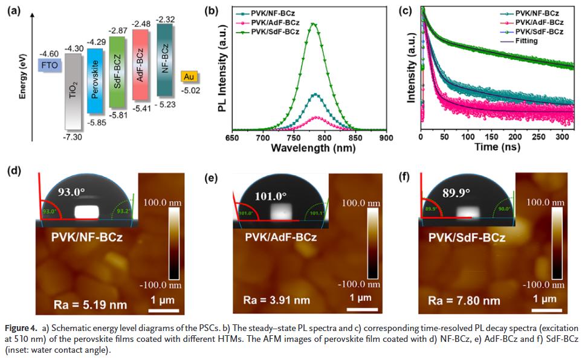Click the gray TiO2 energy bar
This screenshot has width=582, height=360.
(72, 91)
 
